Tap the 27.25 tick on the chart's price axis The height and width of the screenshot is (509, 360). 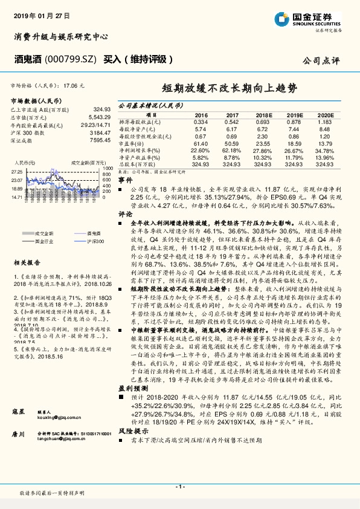(17, 172)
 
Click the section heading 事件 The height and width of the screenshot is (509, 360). (124, 180)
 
